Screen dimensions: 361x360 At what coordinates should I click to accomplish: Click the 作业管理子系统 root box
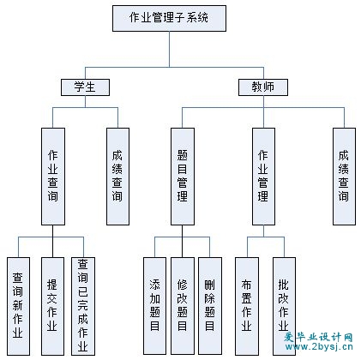(169, 18)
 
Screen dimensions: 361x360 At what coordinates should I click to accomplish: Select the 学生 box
(85, 87)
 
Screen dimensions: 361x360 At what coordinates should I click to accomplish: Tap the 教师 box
(263, 87)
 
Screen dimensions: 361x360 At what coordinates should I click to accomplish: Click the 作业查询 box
(53, 177)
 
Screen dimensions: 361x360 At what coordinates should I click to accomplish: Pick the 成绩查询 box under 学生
(117, 177)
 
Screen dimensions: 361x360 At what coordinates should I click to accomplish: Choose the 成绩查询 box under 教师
(344, 177)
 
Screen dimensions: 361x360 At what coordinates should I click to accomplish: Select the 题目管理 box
(183, 177)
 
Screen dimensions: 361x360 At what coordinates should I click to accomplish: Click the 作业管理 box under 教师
(263, 177)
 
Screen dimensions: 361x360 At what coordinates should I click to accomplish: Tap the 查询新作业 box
(18, 306)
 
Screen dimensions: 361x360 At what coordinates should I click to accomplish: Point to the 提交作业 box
(52, 306)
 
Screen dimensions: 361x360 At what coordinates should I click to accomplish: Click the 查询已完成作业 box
(83, 306)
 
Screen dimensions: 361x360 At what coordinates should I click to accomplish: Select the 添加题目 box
(154, 306)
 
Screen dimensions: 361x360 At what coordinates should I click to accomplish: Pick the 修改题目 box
(183, 306)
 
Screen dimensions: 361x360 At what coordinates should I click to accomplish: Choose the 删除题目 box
(210, 306)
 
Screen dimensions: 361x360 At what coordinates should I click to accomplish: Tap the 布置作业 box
(247, 306)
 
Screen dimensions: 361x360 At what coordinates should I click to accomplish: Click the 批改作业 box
(284, 306)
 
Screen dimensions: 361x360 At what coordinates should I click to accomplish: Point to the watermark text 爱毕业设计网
(318, 338)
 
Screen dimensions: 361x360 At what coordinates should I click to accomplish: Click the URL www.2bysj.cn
(318, 347)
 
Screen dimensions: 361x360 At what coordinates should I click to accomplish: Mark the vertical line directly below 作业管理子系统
(169, 49)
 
